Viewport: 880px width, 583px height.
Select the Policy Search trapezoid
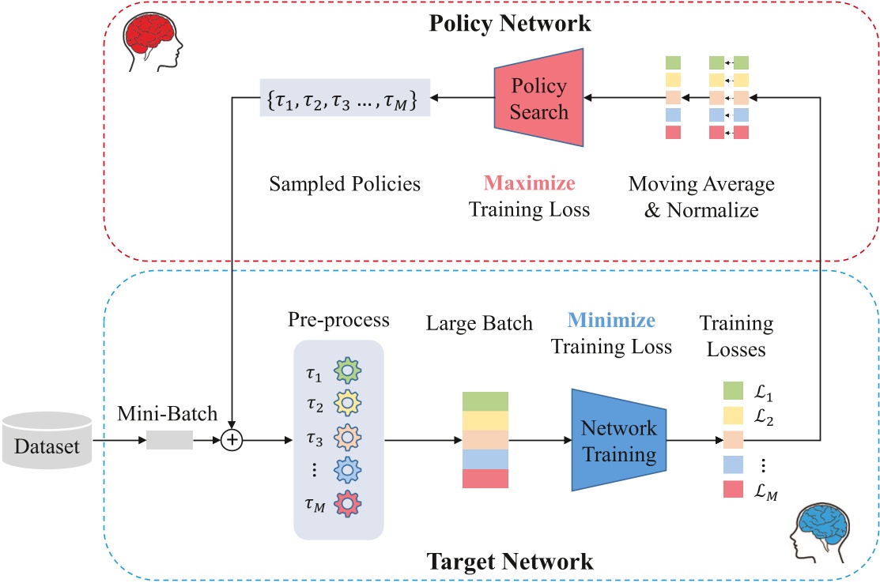(x=538, y=99)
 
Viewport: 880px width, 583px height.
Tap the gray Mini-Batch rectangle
(x=170, y=440)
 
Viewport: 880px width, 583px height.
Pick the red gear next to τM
(x=347, y=502)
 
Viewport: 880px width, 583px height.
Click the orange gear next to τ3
(x=347, y=436)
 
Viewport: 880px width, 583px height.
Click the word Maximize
(x=530, y=184)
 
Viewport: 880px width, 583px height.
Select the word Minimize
(x=611, y=321)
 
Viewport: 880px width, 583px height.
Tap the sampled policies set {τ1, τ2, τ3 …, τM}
(x=345, y=98)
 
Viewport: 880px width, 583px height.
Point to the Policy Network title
(x=509, y=24)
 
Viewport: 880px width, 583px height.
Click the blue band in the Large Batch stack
(x=485, y=459)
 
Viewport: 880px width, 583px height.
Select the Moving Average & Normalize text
(x=701, y=197)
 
